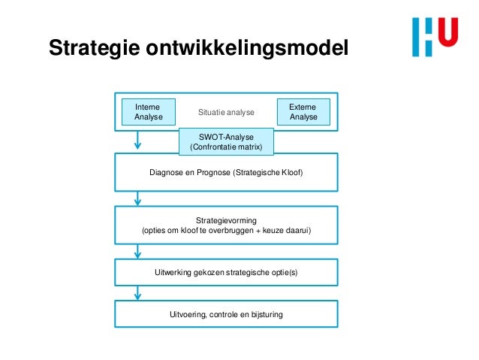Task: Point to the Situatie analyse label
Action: click(226, 113)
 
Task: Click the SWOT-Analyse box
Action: click(226, 141)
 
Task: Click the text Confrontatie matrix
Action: click(226, 147)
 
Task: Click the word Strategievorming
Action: click(226, 219)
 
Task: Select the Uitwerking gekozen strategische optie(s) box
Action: click(226, 271)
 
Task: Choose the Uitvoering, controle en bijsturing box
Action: click(226, 314)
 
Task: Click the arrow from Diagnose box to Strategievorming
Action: click(138, 198)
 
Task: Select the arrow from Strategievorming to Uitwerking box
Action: click(138, 251)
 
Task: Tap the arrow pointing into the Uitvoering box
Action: click(138, 293)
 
